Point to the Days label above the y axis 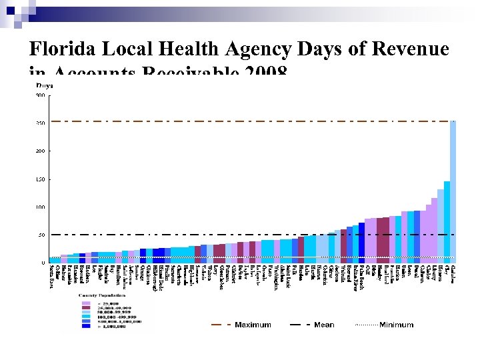pos(44,85)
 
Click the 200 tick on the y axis pos(41,151)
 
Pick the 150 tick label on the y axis pos(41,179)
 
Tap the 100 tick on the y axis pos(41,207)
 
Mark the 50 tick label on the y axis pos(42,235)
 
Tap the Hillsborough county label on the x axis pos(155,279)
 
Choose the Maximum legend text pos(253,325)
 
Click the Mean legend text pos(324,325)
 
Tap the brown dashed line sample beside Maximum pos(221,325)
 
